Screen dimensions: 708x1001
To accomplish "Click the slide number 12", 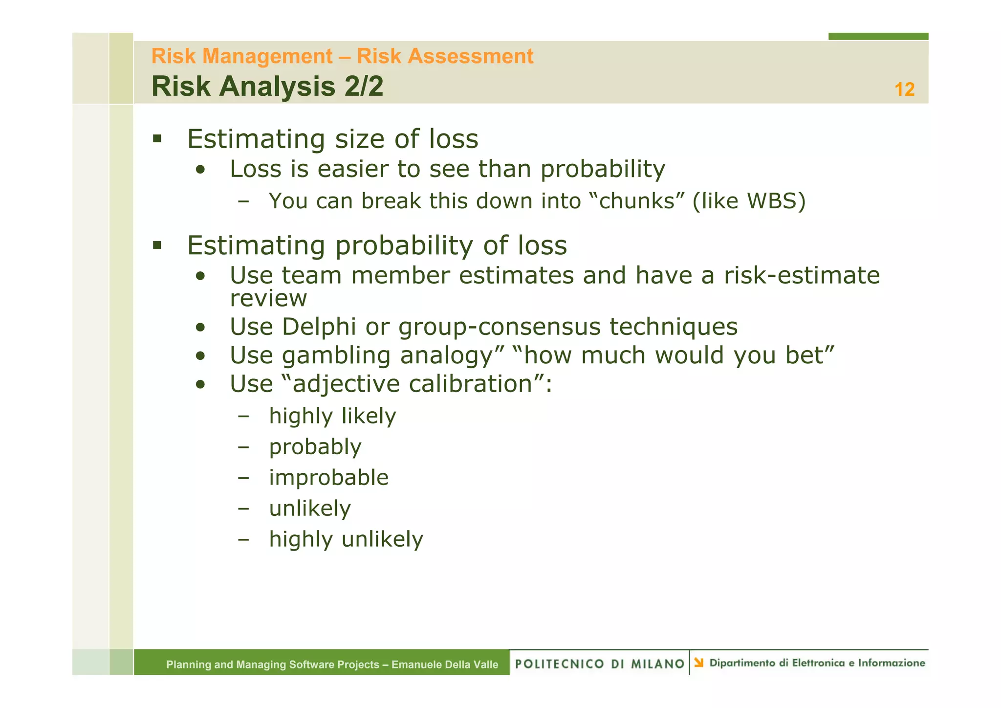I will click(x=904, y=89).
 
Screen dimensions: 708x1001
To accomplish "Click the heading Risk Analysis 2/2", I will click(x=267, y=87).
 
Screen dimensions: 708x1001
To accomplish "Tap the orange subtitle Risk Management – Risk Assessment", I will click(x=342, y=56).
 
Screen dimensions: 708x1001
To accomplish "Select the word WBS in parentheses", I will click(x=773, y=201).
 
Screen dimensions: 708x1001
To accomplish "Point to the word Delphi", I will click(x=319, y=327).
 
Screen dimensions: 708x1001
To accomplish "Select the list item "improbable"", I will click(x=328, y=478).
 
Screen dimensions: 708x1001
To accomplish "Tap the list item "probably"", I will click(x=315, y=447).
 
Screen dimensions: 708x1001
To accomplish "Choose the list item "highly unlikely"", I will click(x=346, y=539).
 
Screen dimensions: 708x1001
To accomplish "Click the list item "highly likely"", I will click(x=332, y=416).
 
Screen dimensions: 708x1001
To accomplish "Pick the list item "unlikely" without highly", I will click(x=310, y=509).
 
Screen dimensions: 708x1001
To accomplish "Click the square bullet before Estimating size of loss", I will click(x=157, y=139).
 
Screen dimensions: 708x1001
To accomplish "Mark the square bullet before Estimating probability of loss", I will click(x=157, y=245).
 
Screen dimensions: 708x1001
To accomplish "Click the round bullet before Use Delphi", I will click(x=200, y=327).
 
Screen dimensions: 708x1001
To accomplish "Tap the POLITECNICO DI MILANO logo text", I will click(x=600, y=664).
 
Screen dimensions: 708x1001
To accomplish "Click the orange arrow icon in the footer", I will click(x=699, y=663).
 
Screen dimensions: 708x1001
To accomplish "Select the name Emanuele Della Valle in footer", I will click(x=445, y=664).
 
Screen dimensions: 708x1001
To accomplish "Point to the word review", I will click(x=268, y=299).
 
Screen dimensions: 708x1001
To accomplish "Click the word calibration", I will click(x=470, y=384).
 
